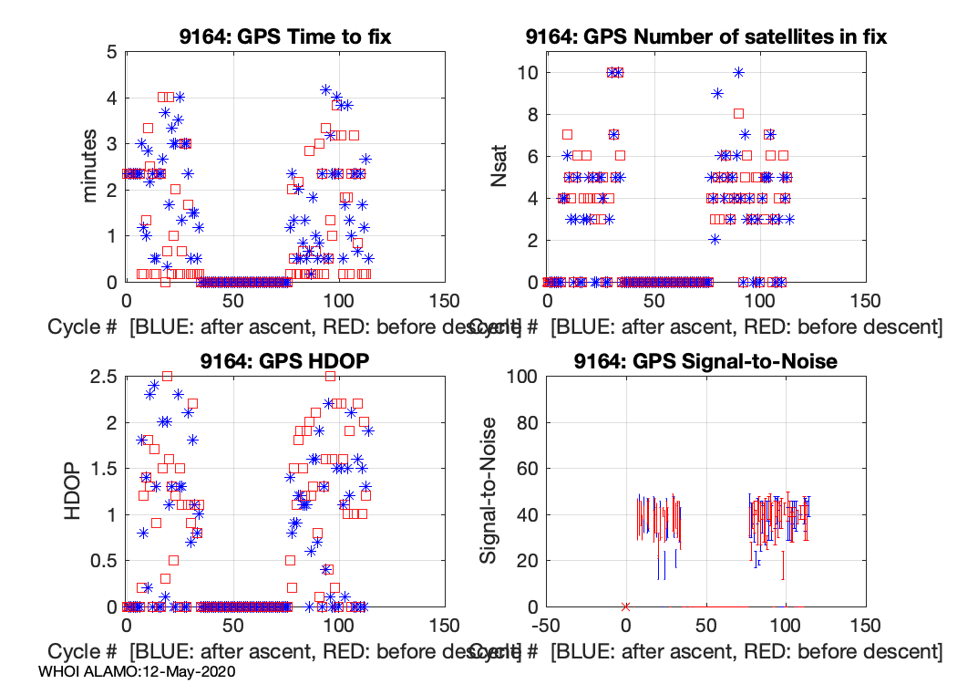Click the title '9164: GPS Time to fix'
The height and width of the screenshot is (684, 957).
285,36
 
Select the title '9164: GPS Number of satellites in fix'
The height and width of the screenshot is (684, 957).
706,36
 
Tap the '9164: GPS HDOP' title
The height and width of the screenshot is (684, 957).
285,361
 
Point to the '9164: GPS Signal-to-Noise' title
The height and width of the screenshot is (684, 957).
706,361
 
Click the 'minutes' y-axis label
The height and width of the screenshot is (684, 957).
90,166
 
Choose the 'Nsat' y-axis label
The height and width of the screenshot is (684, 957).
500,167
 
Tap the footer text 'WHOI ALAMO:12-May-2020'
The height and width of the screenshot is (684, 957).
138,671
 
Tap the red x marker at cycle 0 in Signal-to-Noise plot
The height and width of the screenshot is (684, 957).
625,606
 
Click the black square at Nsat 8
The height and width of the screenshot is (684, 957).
738,114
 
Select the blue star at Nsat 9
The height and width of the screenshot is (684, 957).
717,93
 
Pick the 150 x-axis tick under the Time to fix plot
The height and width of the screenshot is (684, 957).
444,301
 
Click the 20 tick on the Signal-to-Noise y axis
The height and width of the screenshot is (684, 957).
521,561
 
